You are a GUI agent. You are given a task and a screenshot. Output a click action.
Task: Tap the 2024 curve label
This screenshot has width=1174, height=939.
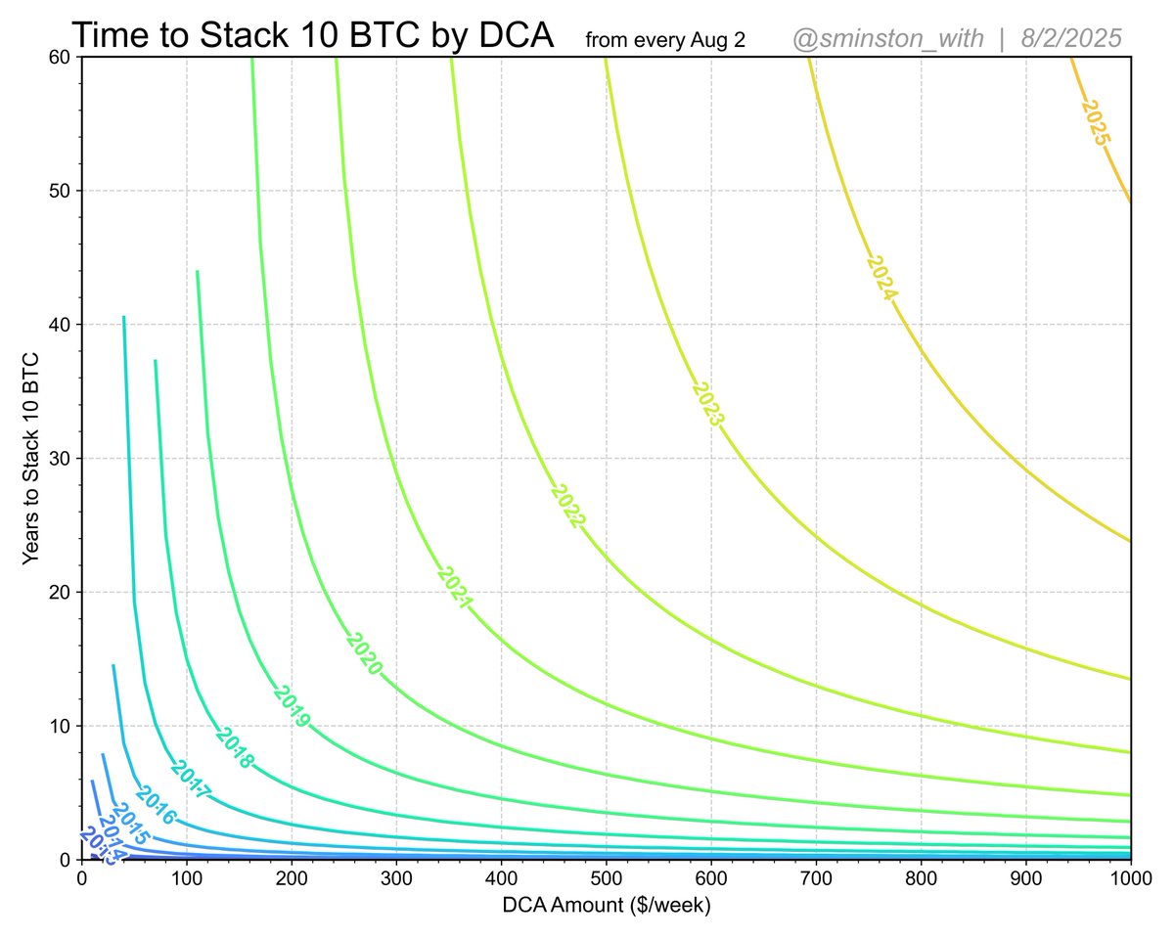coord(882,278)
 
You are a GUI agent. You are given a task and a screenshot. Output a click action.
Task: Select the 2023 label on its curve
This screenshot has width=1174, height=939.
coord(707,403)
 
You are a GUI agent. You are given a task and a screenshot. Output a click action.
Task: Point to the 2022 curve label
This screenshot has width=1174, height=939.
coord(566,506)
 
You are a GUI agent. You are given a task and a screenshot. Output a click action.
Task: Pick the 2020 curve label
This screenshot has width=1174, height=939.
coord(363,653)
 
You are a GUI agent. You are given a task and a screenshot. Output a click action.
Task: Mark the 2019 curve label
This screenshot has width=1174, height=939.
coord(292,706)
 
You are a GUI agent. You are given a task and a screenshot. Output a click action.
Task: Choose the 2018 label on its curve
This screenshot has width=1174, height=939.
coord(234,748)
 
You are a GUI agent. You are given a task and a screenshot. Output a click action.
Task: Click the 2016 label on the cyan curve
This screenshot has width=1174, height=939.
coord(155,806)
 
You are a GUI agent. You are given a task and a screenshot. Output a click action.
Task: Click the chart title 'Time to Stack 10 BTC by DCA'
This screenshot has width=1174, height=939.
coord(313,36)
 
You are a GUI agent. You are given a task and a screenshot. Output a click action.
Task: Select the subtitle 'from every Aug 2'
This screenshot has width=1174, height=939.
coord(665,41)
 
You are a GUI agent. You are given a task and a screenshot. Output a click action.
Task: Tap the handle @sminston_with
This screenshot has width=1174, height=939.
coord(887,39)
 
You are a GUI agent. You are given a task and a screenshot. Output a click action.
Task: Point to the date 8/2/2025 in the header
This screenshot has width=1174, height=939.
coord(1070,39)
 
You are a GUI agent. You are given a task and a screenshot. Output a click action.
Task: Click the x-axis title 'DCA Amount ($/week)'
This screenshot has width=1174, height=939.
coord(606,905)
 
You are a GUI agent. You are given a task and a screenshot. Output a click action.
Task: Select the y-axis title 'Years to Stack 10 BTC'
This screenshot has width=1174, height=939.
coord(31,457)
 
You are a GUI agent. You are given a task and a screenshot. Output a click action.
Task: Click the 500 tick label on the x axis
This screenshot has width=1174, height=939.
coord(606,878)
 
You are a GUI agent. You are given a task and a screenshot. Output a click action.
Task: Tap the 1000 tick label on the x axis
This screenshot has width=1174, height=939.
coord(1130,878)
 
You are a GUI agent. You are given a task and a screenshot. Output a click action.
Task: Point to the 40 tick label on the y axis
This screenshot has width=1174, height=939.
coord(61,325)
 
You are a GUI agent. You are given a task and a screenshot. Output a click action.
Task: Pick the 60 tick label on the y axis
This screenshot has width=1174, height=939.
coord(61,57)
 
